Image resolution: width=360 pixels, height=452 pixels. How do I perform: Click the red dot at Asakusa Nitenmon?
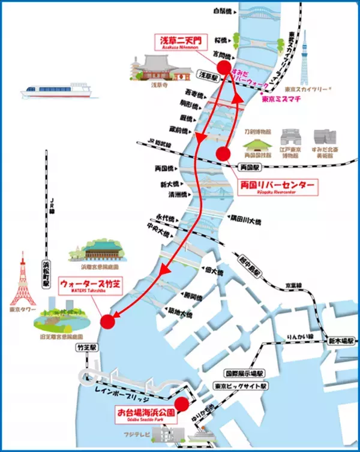224,67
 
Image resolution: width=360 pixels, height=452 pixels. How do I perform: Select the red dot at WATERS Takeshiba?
107,321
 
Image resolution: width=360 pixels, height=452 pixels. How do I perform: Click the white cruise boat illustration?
57,92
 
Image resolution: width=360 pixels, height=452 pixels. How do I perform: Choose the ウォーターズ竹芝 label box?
90,285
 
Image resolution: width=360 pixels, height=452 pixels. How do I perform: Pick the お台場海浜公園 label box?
146,414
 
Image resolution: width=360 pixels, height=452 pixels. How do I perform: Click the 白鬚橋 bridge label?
222,11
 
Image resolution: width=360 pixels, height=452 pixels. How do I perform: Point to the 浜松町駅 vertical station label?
46,273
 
